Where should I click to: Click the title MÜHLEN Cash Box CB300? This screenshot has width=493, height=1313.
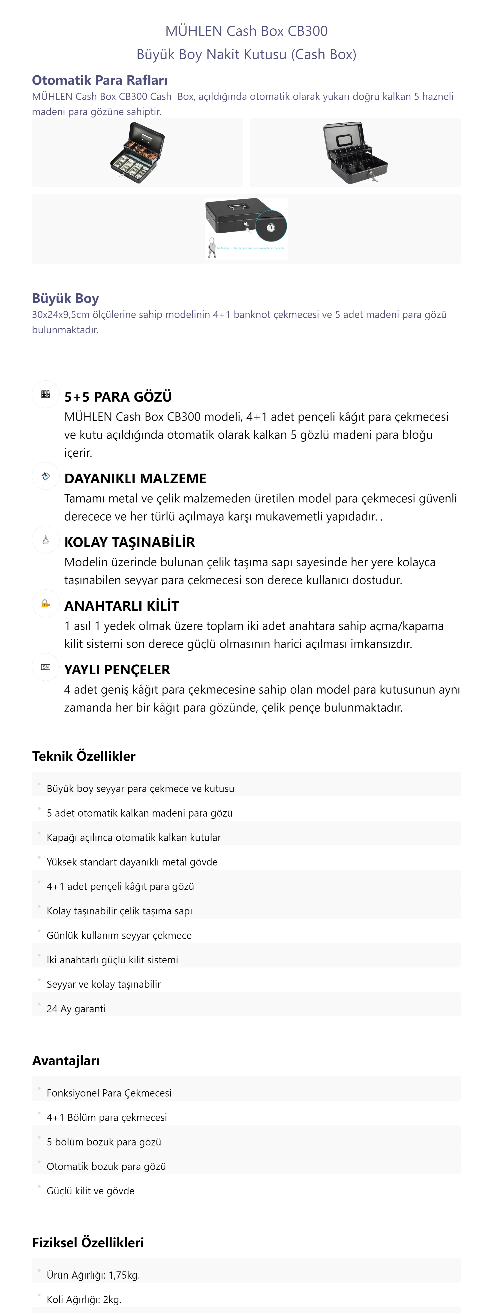pyautogui.click(x=246, y=31)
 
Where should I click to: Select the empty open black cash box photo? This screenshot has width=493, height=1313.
pyautogui.click(x=355, y=152)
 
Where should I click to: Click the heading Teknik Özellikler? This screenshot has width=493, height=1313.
pyautogui.click(x=84, y=756)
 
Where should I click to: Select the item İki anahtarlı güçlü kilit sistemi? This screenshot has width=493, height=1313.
pyautogui.click(x=112, y=960)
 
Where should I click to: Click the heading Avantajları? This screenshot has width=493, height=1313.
pyautogui.click(x=66, y=1061)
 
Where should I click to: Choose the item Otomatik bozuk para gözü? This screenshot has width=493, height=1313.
pyautogui.click(x=106, y=1166)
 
